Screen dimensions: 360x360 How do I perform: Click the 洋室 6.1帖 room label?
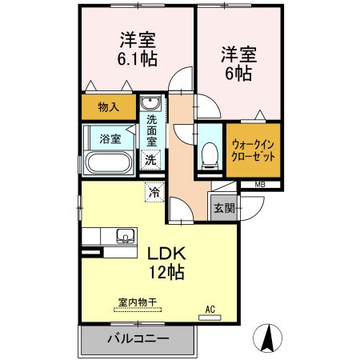138,48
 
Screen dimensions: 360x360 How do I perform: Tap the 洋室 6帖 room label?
237,64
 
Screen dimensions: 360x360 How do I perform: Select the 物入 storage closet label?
109,106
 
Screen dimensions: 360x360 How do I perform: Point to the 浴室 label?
110,138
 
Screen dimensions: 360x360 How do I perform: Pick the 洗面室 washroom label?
151,132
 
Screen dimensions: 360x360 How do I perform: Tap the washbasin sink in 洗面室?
150,106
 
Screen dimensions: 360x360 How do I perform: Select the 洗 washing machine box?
150,159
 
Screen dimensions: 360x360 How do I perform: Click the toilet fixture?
210,153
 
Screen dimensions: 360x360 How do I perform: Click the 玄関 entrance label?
223,209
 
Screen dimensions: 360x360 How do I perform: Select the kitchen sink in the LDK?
124,236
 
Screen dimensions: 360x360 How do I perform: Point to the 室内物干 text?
137,303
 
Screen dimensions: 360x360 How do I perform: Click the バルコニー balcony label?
138,338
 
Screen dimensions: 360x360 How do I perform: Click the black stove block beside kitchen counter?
92,254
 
